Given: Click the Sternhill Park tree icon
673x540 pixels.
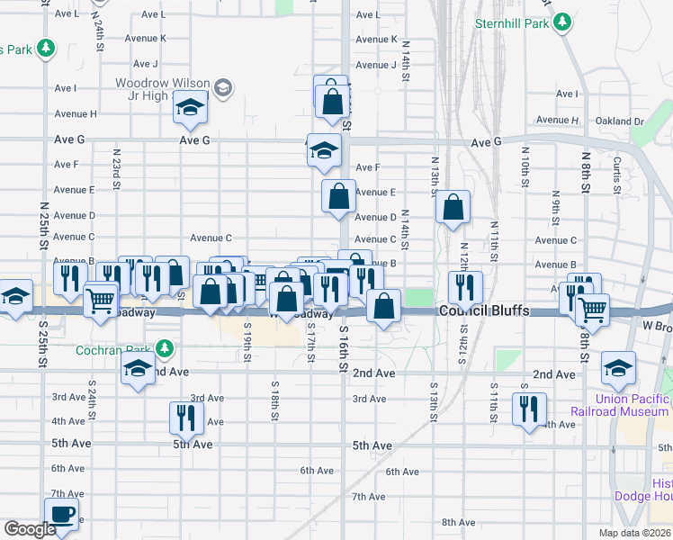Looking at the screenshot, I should [x=563, y=21].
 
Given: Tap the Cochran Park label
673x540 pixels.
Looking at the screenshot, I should [x=114, y=349].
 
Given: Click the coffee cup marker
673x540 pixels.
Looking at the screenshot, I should [x=62, y=514].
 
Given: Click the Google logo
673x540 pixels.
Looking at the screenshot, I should [x=30, y=529].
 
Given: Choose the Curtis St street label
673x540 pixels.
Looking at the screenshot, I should [x=617, y=175].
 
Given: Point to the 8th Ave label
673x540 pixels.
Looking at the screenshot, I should [x=458, y=522].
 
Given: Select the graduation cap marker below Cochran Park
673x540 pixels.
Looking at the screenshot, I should [x=138, y=368].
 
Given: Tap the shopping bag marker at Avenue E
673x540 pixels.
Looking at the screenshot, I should [x=338, y=196].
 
